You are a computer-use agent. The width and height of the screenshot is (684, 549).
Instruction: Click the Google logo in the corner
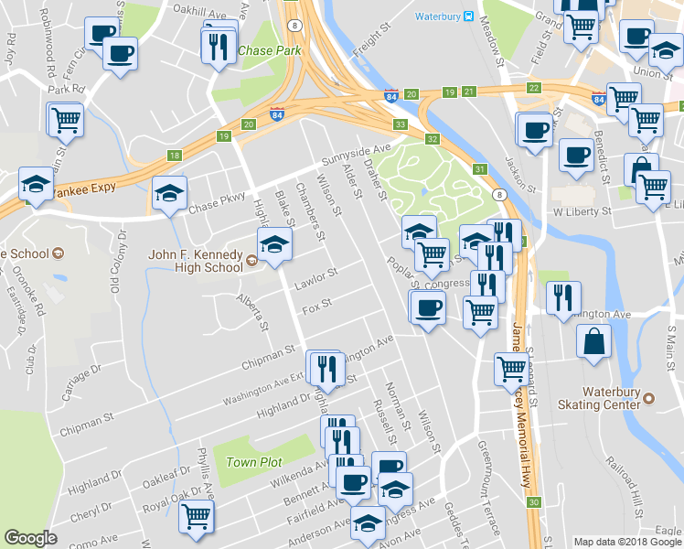(30, 538)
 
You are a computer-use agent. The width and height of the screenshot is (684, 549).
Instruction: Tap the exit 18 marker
(174, 156)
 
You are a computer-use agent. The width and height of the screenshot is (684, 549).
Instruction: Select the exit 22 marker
(533, 87)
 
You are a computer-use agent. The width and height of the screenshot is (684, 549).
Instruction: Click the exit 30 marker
(534, 502)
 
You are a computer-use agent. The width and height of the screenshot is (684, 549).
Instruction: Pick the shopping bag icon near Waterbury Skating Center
(594, 341)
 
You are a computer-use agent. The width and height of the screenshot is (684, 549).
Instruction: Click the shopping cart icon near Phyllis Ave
(196, 517)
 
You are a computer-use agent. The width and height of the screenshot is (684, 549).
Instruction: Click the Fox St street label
(315, 304)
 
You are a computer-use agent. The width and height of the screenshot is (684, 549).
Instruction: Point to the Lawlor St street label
(315, 276)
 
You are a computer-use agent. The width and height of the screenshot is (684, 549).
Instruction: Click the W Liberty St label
(582, 211)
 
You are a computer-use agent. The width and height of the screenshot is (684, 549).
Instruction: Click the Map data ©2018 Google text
(627, 542)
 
